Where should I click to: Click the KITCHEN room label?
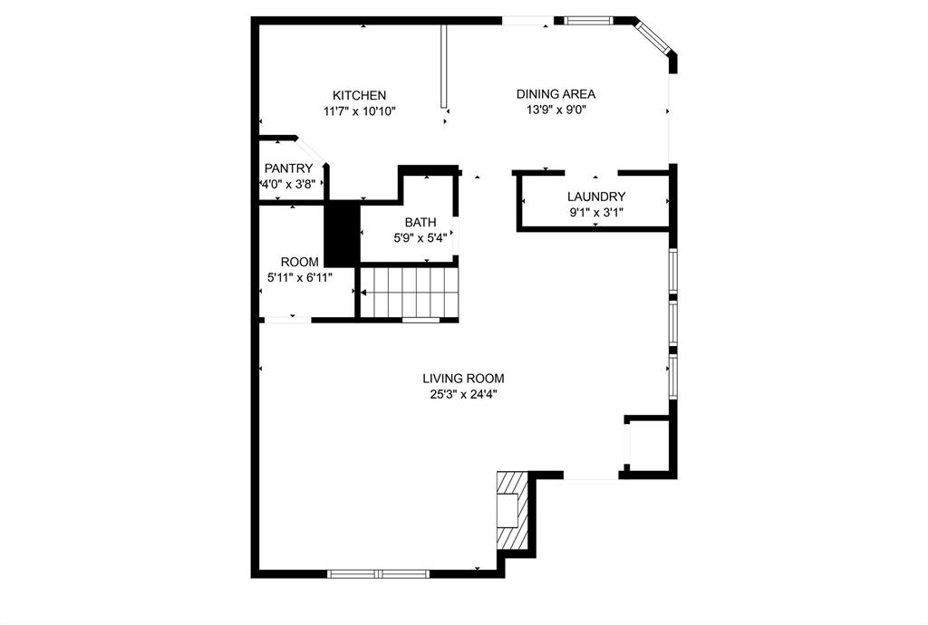359,95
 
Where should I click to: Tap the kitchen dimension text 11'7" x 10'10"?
359,111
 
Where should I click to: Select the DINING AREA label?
556,93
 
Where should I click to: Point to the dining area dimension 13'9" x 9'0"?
556,110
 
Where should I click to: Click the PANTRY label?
288,168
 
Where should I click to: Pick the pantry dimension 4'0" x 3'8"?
288,184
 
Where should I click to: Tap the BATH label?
420,222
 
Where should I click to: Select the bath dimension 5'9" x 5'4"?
420,238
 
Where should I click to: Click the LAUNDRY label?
596,197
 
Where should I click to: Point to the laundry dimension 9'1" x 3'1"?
596,213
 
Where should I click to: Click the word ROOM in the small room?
299,262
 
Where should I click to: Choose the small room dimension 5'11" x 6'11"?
299,277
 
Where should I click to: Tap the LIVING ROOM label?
463,379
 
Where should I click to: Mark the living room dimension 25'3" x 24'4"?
463,394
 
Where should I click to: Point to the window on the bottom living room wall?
378,572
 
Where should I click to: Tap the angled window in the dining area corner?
655,36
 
